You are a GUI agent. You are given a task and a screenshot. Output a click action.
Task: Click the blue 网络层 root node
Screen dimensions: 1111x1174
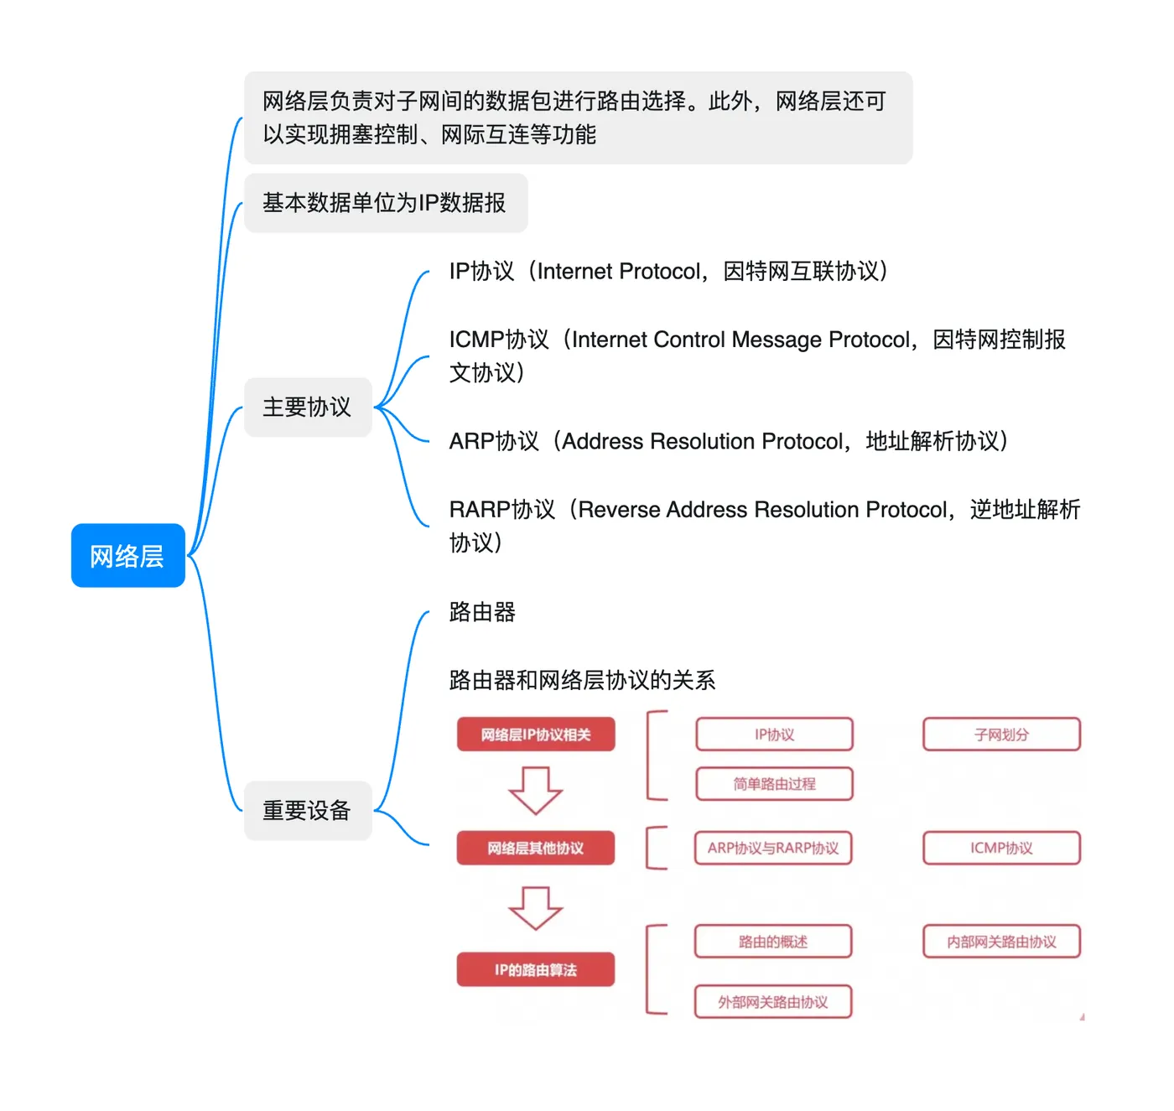[x=127, y=556]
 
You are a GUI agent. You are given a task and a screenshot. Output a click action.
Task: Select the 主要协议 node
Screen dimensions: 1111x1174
[x=307, y=408]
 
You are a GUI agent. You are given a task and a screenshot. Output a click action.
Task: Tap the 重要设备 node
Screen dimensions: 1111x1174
[x=307, y=811]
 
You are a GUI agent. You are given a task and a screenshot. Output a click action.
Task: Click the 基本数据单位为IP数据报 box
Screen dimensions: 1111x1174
[x=385, y=203]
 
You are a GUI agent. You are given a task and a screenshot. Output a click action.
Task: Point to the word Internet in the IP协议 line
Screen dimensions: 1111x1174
[x=575, y=272]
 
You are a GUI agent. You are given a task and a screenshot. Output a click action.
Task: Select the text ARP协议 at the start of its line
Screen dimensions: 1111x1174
[x=493, y=442]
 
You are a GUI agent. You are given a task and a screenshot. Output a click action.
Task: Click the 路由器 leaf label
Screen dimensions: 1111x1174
[x=482, y=612]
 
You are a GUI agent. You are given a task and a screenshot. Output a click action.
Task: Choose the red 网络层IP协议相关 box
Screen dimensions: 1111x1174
[x=536, y=735]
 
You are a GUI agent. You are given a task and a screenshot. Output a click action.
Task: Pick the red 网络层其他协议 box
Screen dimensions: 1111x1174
[x=536, y=848]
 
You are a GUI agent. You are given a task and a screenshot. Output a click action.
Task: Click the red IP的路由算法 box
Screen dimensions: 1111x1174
[x=536, y=970]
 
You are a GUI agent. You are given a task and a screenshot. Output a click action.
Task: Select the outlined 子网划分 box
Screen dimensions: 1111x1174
[x=1001, y=735]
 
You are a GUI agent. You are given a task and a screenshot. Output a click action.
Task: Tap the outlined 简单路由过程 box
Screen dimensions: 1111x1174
[x=774, y=784]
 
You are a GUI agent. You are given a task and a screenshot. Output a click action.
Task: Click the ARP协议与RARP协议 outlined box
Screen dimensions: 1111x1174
[x=773, y=848]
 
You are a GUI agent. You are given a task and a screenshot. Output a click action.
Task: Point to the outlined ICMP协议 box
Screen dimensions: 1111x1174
[x=1001, y=848]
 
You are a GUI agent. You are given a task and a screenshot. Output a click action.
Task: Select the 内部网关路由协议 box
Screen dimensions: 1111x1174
[x=1001, y=942]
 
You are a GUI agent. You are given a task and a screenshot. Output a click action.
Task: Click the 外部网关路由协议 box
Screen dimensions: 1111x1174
[x=773, y=1002]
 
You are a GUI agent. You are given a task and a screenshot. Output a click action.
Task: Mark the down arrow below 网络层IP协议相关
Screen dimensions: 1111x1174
[x=536, y=790]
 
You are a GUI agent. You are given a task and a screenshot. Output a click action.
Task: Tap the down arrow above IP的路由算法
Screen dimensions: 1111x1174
[x=536, y=908]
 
